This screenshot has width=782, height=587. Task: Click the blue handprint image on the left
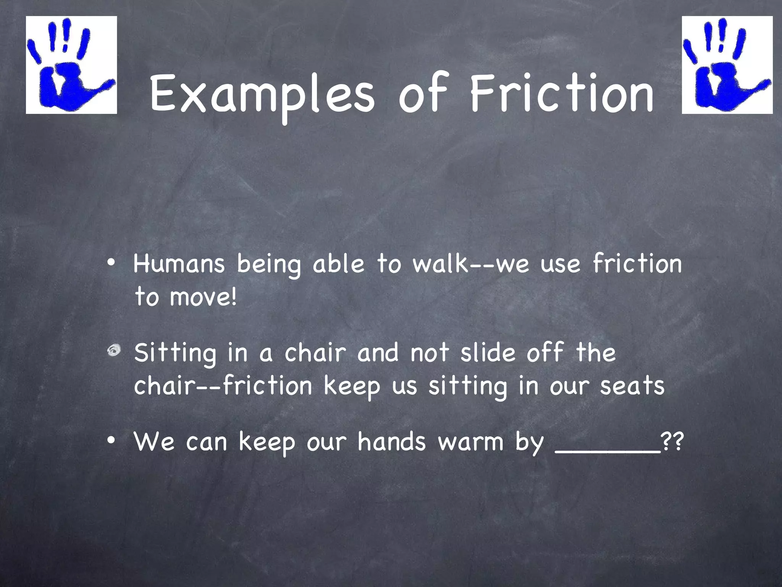point(71,65)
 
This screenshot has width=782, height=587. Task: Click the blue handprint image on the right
point(727,65)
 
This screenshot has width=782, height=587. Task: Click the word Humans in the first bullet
point(179,264)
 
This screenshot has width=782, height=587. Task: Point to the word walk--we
point(471,264)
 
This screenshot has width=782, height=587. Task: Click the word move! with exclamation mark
point(203,297)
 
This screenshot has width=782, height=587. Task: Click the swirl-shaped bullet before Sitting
point(114,350)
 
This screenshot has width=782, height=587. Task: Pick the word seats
point(632,386)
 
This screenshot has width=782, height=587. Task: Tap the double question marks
point(672,442)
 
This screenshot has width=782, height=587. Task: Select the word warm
point(470,443)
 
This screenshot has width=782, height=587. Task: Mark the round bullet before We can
point(111,441)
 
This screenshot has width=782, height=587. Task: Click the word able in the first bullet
point(338,264)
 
